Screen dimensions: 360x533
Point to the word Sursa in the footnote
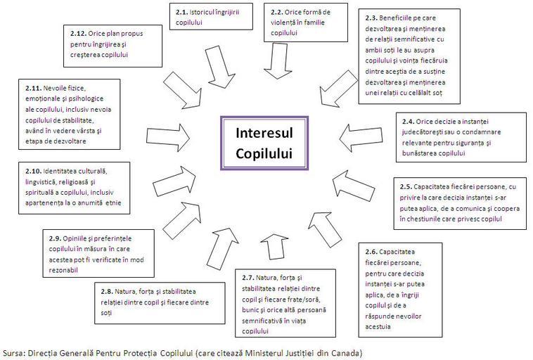14,352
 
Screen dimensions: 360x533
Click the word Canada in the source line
344,352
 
